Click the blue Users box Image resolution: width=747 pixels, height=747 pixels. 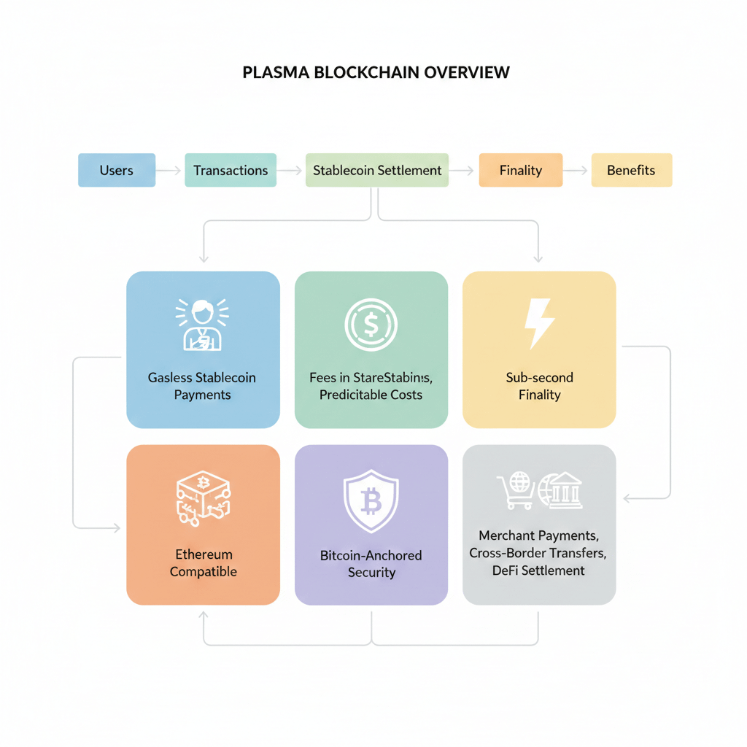[117, 170]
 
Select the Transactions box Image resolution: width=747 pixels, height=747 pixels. [231, 170]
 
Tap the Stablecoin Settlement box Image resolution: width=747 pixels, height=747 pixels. [377, 170]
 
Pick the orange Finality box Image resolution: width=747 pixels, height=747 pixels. [520, 170]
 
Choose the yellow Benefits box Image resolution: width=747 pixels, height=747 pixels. [631, 170]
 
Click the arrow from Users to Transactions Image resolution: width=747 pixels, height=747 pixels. [169, 171]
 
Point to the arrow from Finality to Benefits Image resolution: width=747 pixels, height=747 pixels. [576, 171]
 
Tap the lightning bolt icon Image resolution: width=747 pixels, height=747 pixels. [540, 323]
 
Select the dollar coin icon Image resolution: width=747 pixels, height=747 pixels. [371, 323]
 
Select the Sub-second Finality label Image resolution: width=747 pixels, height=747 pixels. [540, 386]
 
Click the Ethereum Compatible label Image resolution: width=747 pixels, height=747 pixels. [204, 562]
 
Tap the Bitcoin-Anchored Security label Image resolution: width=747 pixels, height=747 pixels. [371, 564]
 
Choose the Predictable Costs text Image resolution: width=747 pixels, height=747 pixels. [371, 395]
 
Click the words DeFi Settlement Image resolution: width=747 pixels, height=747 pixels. [539, 570]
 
